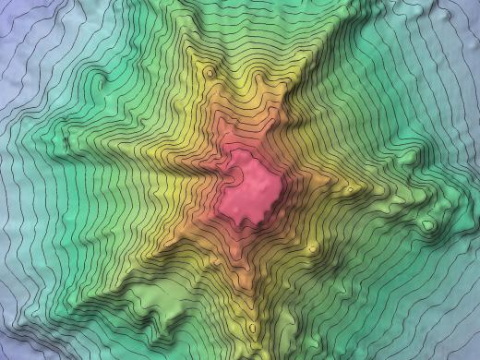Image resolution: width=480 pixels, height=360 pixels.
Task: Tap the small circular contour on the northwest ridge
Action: [x=210, y=72]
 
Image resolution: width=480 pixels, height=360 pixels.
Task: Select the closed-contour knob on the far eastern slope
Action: [x=429, y=224]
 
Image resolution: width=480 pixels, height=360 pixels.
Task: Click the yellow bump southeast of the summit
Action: [x=312, y=247]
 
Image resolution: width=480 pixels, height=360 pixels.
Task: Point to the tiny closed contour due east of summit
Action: [x=349, y=190]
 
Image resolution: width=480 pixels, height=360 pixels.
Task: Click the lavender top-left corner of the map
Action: [x=9, y=9]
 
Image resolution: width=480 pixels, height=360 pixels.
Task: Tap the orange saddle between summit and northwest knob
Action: [x=222, y=120]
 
